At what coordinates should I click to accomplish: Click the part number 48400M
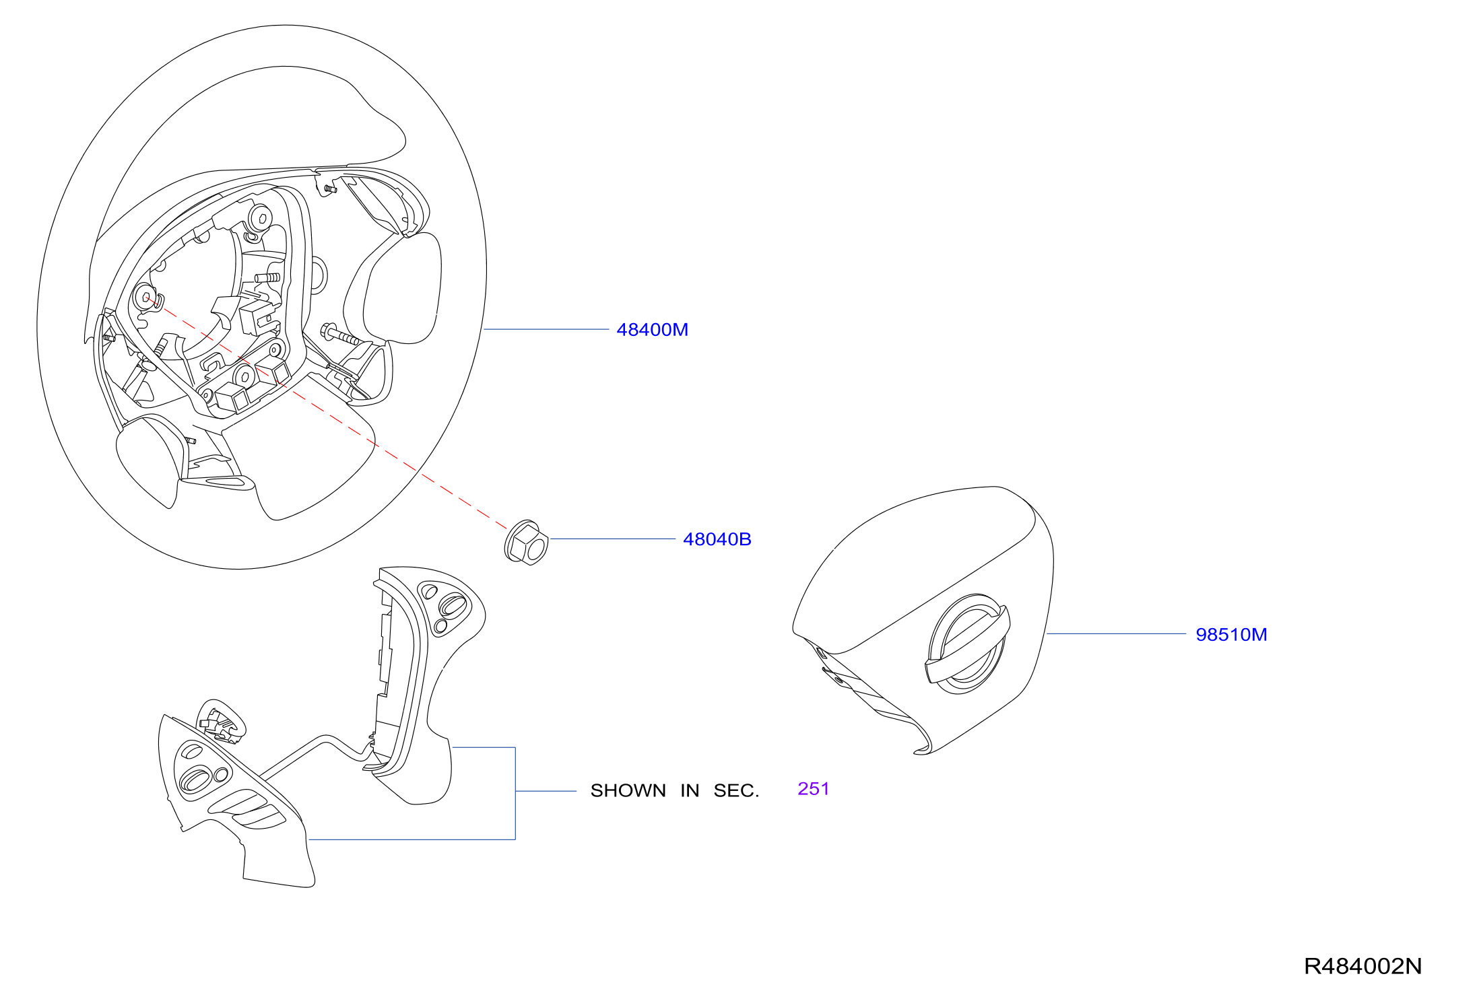pos(652,330)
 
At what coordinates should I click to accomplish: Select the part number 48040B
pos(717,539)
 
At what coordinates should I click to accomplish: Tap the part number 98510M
pos(1231,635)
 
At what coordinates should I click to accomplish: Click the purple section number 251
pos(813,788)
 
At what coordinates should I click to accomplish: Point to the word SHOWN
pos(628,790)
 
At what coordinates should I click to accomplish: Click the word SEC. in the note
pos(736,790)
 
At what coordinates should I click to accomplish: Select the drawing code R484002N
pos(1362,966)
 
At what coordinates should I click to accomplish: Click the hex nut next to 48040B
pos(526,542)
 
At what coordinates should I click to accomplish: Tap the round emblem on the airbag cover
pos(967,644)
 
